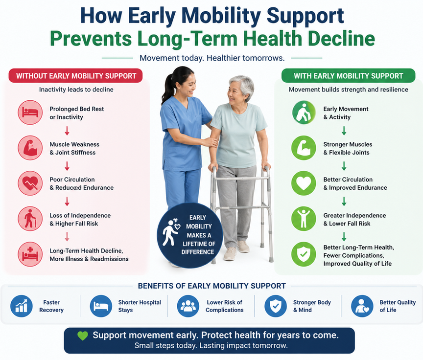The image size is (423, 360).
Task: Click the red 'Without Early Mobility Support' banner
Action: (76, 76)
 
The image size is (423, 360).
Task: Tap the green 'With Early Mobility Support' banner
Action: (348, 76)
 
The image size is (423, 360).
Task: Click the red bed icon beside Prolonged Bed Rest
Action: (30, 113)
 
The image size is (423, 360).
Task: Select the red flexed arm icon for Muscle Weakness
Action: (30, 148)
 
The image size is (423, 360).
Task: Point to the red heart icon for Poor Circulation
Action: (30, 183)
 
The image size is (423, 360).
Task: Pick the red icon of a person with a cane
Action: (30, 219)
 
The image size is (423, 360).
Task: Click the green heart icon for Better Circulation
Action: (304, 183)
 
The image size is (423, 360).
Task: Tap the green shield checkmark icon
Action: (304, 255)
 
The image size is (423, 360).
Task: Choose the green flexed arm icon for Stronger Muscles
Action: (304, 148)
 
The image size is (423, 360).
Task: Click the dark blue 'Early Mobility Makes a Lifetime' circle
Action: (190, 235)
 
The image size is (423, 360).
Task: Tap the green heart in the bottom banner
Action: (83, 336)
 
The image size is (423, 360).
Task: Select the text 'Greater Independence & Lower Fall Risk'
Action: (354, 220)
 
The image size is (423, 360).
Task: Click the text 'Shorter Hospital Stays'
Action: (140, 306)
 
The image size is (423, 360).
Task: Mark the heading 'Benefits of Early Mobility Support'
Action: (211, 286)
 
